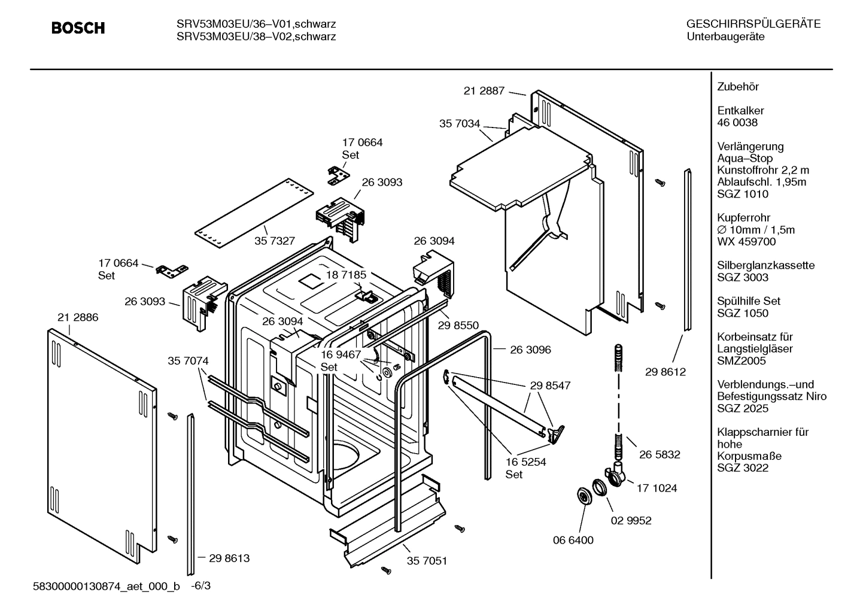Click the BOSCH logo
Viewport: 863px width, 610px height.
tap(78, 28)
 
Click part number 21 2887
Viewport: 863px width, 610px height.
tap(484, 91)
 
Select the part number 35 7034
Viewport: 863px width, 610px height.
tap(459, 124)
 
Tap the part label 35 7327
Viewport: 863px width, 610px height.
tap(274, 241)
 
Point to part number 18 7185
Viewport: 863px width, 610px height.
tap(345, 275)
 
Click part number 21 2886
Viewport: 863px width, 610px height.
tap(78, 317)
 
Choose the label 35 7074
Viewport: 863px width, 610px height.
tap(188, 361)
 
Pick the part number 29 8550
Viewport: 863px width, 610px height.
tap(458, 325)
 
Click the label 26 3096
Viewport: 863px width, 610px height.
tap(530, 350)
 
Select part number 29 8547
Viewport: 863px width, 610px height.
tap(550, 386)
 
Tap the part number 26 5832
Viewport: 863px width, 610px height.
tap(660, 454)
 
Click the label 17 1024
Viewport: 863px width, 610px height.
tap(657, 488)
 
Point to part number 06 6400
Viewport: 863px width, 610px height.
tap(573, 540)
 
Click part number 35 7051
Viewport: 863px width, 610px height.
tap(427, 561)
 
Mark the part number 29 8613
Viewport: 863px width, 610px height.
tap(229, 558)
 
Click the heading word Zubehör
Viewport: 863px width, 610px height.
tap(737, 87)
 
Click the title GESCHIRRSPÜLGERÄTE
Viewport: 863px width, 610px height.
tap(753, 25)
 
